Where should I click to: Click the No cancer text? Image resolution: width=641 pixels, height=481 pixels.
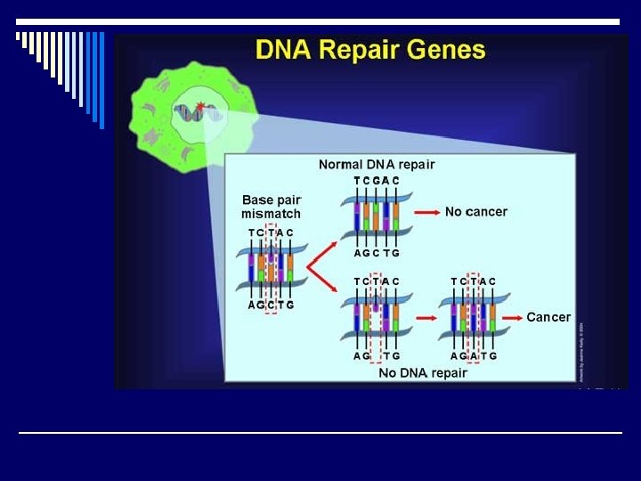tap(475, 212)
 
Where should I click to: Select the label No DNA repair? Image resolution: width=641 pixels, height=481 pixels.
tap(423, 373)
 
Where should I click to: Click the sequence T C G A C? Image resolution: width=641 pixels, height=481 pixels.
tap(376, 181)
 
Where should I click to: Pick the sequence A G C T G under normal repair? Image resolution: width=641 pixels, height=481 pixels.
tap(376, 253)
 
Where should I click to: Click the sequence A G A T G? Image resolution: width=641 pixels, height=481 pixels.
tap(474, 356)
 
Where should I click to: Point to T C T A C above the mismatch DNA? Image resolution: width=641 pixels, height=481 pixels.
tap(271, 233)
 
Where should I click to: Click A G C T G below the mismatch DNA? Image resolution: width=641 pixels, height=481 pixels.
tap(271, 306)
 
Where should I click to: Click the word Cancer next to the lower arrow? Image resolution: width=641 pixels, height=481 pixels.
tap(548, 317)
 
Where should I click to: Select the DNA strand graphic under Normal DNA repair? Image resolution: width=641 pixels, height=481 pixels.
tap(376, 217)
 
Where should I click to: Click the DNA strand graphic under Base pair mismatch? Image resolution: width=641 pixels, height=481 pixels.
tap(271, 269)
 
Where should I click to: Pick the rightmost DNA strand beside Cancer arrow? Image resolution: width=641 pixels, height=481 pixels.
tap(474, 318)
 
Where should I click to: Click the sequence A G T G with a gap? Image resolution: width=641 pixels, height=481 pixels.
tap(376, 356)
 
